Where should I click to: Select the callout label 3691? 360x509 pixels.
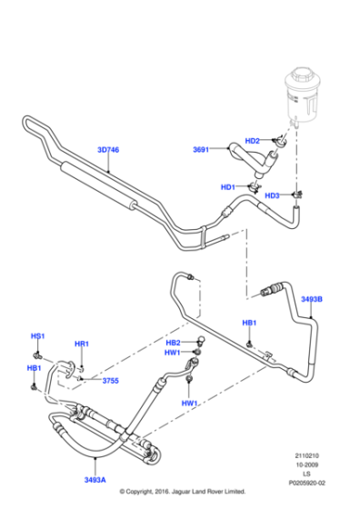[x=201, y=150]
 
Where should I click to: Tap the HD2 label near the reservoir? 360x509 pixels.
[x=254, y=141]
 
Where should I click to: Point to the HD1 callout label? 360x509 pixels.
[x=227, y=187]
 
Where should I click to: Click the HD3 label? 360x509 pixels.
[x=272, y=195]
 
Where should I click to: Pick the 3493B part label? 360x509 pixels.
[x=311, y=298]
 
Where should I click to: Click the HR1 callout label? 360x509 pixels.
[x=81, y=344]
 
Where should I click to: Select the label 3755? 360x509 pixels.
[x=110, y=381]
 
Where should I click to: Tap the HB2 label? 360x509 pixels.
[x=174, y=342]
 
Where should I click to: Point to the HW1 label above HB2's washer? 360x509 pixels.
[x=173, y=353]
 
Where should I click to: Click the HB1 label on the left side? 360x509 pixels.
[x=34, y=368]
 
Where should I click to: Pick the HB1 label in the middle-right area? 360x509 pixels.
[x=249, y=323]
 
